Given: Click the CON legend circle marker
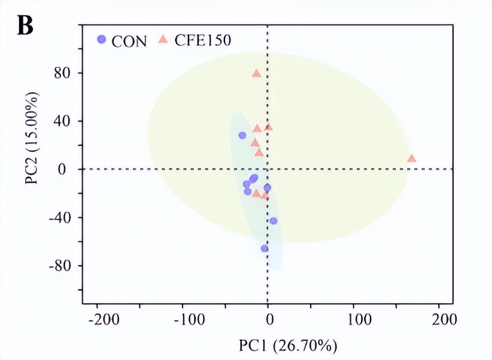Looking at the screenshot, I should (x=102, y=40).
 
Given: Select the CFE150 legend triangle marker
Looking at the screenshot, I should (x=163, y=40).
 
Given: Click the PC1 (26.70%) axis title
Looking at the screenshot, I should (x=288, y=346).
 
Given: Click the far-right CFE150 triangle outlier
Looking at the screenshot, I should (x=411, y=158).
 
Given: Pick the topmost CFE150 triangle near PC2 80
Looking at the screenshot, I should (x=256, y=74).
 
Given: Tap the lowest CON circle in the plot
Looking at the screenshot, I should (x=265, y=248).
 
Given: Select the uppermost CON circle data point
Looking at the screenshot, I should (x=242, y=135).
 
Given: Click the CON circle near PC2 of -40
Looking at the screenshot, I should (x=274, y=221).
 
